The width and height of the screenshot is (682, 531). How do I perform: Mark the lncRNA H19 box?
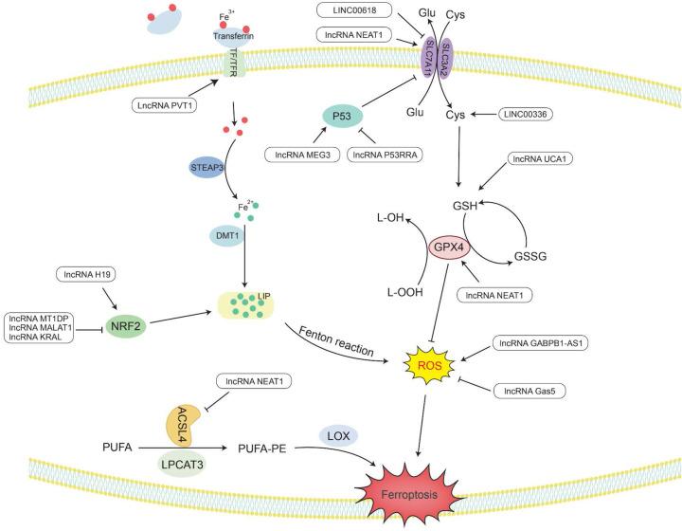click(88, 274)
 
